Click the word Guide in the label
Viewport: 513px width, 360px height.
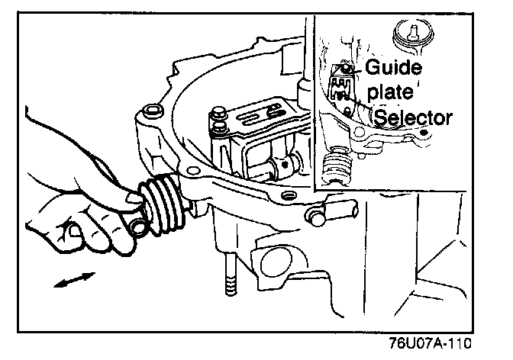392,68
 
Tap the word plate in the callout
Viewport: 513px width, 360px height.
389,94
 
